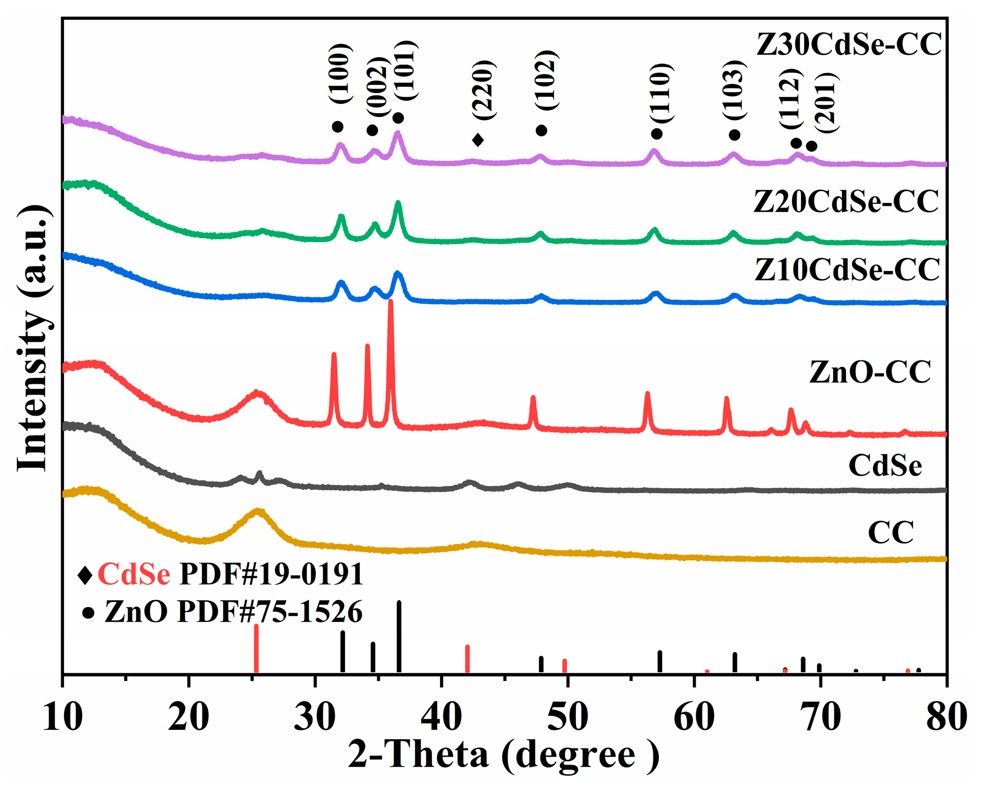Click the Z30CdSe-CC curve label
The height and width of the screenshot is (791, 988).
click(849, 45)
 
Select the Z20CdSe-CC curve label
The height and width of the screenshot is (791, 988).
click(846, 202)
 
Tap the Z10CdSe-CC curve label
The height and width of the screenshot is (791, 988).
click(847, 270)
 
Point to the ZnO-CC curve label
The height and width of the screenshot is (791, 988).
click(870, 372)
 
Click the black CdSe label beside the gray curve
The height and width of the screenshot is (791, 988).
click(885, 466)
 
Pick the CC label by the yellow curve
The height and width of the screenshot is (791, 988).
click(891, 532)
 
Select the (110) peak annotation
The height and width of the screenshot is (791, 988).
click(662, 93)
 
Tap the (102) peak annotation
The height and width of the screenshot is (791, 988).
click(547, 80)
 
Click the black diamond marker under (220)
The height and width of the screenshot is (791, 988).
click(477, 140)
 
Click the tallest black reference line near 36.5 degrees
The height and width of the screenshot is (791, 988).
click(399, 636)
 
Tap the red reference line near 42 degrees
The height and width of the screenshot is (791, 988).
click(467, 659)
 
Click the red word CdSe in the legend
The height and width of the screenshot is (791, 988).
click(134, 575)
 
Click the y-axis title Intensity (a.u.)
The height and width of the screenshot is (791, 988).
click(33, 338)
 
